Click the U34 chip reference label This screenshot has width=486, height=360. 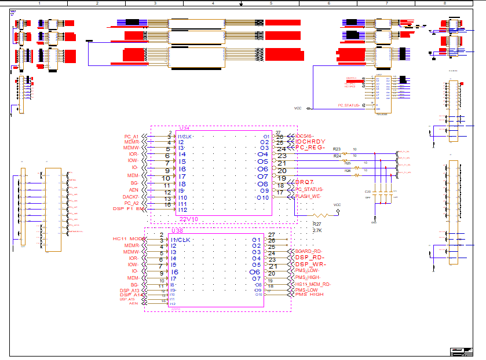point(184,128)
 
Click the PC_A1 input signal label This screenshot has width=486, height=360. point(131,137)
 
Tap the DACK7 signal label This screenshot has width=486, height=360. point(130,197)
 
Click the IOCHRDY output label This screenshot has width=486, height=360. point(310,142)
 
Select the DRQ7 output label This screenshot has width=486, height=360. point(305,183)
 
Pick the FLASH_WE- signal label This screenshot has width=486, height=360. point(308,196)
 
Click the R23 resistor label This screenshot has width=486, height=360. point(337,149)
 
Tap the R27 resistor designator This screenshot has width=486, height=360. point(317,223)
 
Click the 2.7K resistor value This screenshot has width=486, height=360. point(317,230)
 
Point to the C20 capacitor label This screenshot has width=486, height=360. point(367,192)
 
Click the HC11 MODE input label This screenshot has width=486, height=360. point(127,239)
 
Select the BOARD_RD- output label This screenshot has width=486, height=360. point(308,252)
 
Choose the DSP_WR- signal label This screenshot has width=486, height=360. point(309,265)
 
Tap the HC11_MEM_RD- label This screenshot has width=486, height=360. point(313,284)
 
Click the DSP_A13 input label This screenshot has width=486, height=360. point(129,291)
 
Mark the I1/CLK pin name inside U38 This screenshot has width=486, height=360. point(180,240)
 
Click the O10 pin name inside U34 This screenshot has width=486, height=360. point(264,198)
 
